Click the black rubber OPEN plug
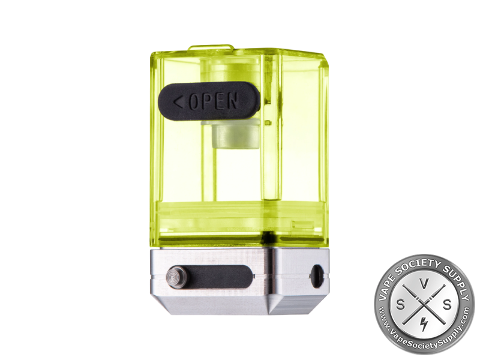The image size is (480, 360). [209, 101]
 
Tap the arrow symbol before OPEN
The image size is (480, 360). [178, 103]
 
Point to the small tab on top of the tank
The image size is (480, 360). [211, 48]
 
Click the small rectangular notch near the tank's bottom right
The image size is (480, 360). [303, 224]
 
